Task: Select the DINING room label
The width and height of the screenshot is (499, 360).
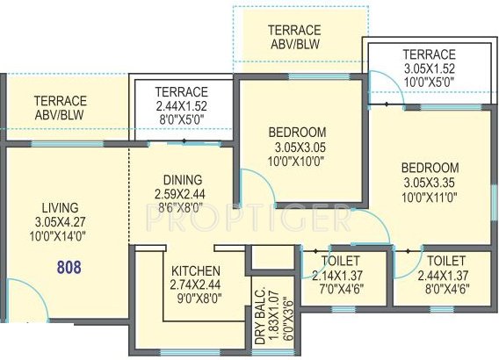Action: click(x=182, y=179)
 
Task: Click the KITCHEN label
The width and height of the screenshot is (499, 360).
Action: click(x=195, y=270)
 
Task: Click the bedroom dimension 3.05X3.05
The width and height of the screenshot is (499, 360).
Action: click(x=299, y=147)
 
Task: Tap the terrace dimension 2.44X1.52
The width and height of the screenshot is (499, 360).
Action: click(x=181, y=105)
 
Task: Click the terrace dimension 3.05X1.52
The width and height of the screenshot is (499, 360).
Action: click(x=430, y=68)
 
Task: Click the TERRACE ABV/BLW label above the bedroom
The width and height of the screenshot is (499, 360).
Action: click(x=298, y=37)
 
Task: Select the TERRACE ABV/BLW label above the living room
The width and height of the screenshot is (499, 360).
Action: click(x=60, y=108)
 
